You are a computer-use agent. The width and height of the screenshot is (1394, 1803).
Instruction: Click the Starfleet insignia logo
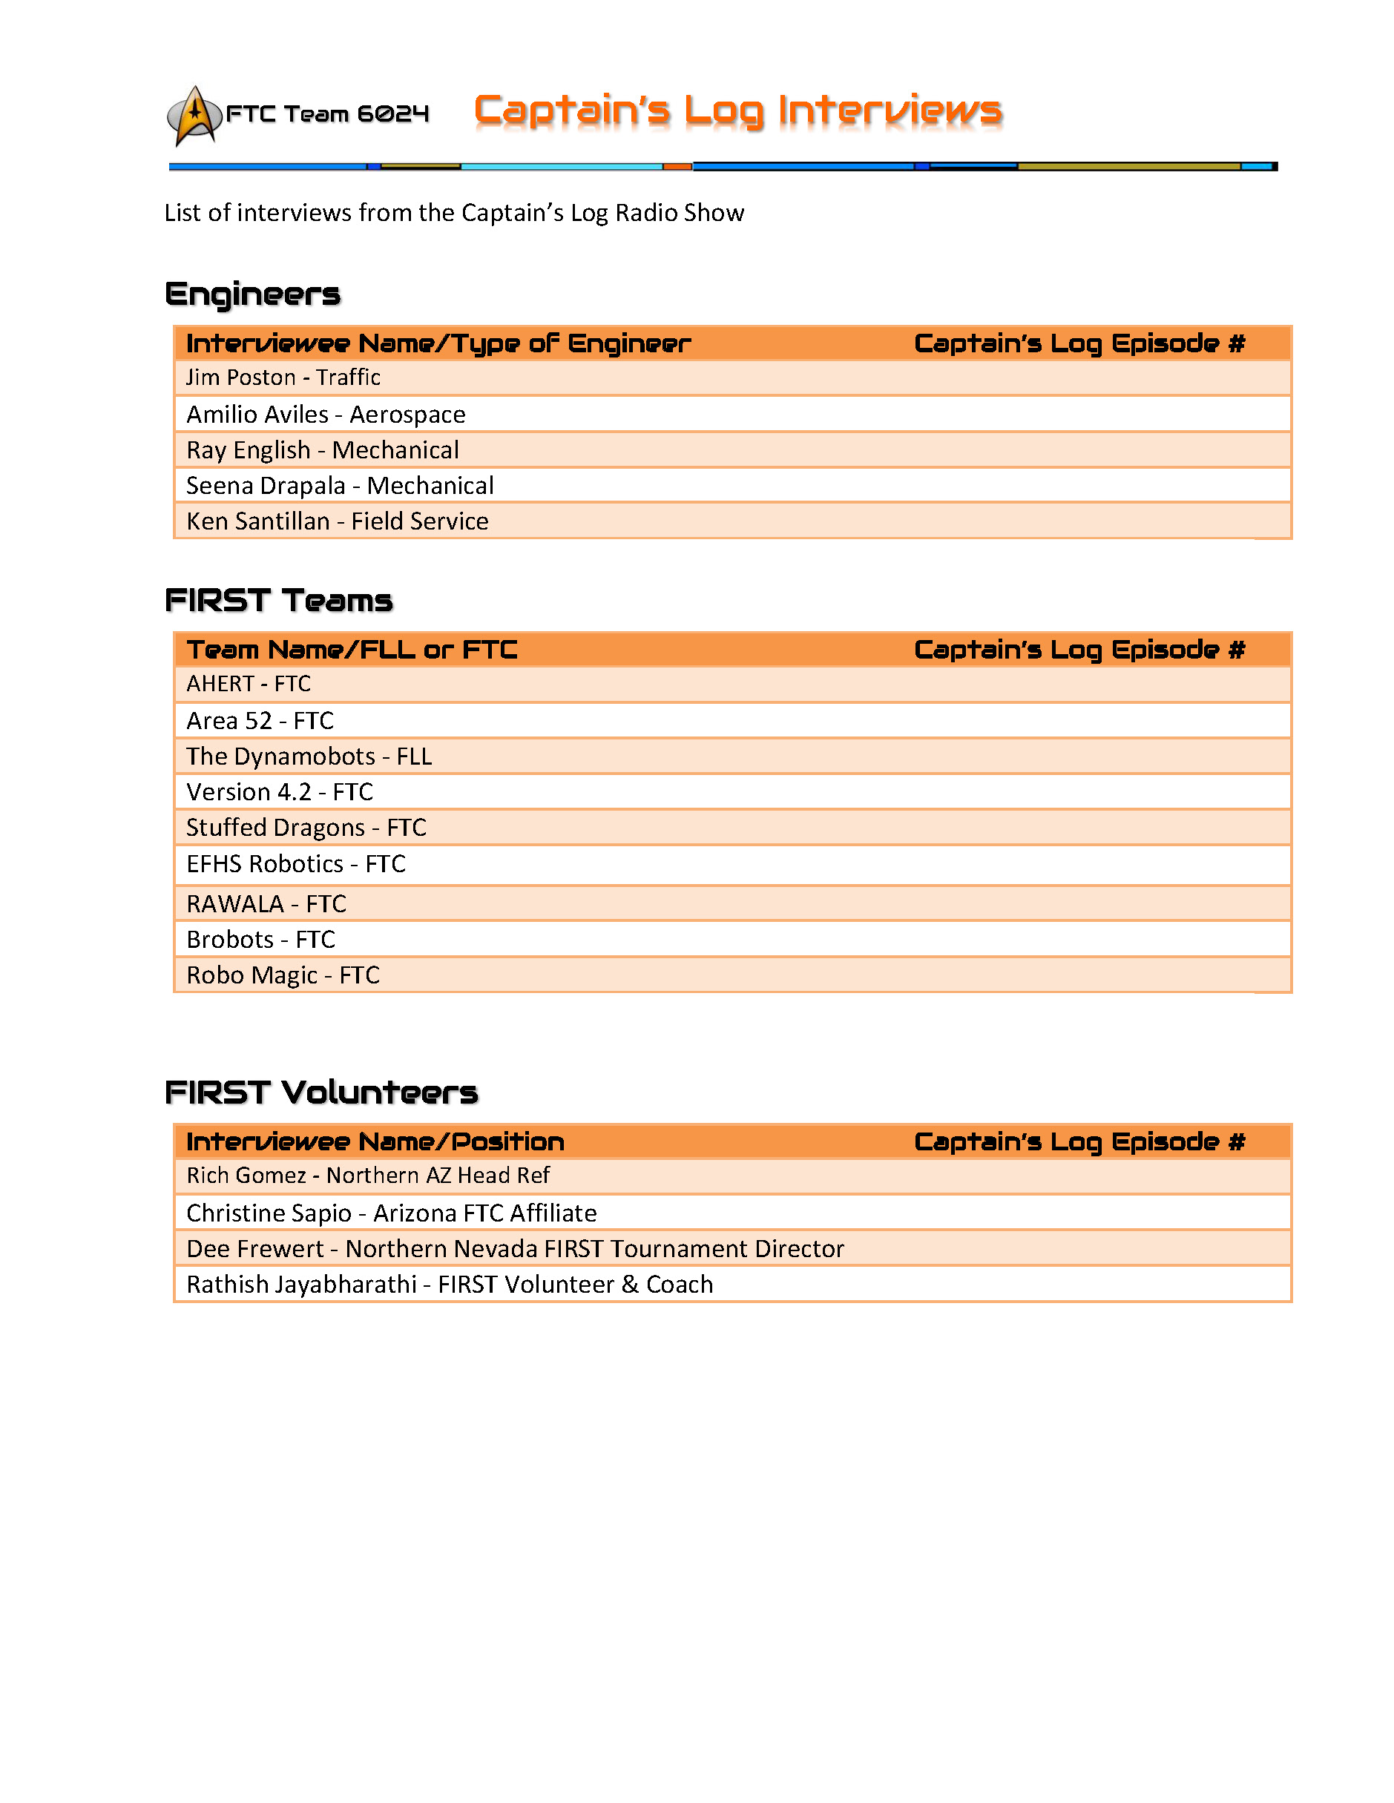[x=194, y=116]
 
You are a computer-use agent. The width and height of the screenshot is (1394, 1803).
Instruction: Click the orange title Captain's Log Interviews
[x=737, y=111]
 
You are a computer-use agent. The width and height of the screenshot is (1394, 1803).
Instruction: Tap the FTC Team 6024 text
[x=327, y=114]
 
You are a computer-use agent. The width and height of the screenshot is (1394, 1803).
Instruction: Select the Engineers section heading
[x=253, y=294]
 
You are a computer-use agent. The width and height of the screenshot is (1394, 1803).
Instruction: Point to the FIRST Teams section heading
[x=278, y=601]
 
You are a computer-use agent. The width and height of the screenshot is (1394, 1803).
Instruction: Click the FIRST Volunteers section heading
[x=321, y=1093]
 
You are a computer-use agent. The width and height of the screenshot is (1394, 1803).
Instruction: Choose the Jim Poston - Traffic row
[x=283, y=378]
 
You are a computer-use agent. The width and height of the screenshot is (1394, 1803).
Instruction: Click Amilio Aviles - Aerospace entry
[x=326, y=415]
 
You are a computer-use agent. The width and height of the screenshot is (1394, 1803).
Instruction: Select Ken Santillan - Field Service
[x=337, y=521]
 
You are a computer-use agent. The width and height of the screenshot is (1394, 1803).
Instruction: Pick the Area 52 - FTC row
[x=260, y=722]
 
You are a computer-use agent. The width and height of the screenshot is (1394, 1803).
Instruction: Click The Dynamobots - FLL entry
[x=309, y=757]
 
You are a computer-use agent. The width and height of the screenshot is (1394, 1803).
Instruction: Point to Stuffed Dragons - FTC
[x=306, y=828]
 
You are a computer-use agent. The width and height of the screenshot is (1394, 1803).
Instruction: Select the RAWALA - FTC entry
[x=266, y=905]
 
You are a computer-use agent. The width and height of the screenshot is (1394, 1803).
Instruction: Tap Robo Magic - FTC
[x=283, y=976]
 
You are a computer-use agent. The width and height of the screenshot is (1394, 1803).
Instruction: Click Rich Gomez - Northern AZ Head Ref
[x=367, y=1176]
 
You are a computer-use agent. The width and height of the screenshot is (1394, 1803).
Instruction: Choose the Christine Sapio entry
[x=392, y=1213]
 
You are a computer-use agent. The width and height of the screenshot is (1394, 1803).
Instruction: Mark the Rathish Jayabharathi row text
[x=450, y=1285]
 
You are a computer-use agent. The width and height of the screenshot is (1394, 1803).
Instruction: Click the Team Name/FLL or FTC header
[x=352, y=650]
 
